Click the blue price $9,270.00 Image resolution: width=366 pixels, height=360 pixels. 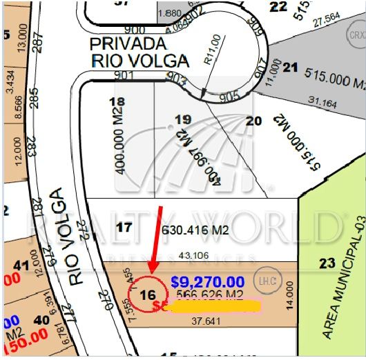pyautogui.click(x=207, y=281)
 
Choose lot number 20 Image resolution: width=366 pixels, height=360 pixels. pyautogui.click(x=253, y=121)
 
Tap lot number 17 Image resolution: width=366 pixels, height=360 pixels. pyautogui.click(x=124, y=227)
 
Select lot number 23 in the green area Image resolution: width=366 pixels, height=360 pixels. pyautogui.click(x=327, y=263)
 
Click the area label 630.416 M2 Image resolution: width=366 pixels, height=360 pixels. pyautogui.click(x=195, y=230)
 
